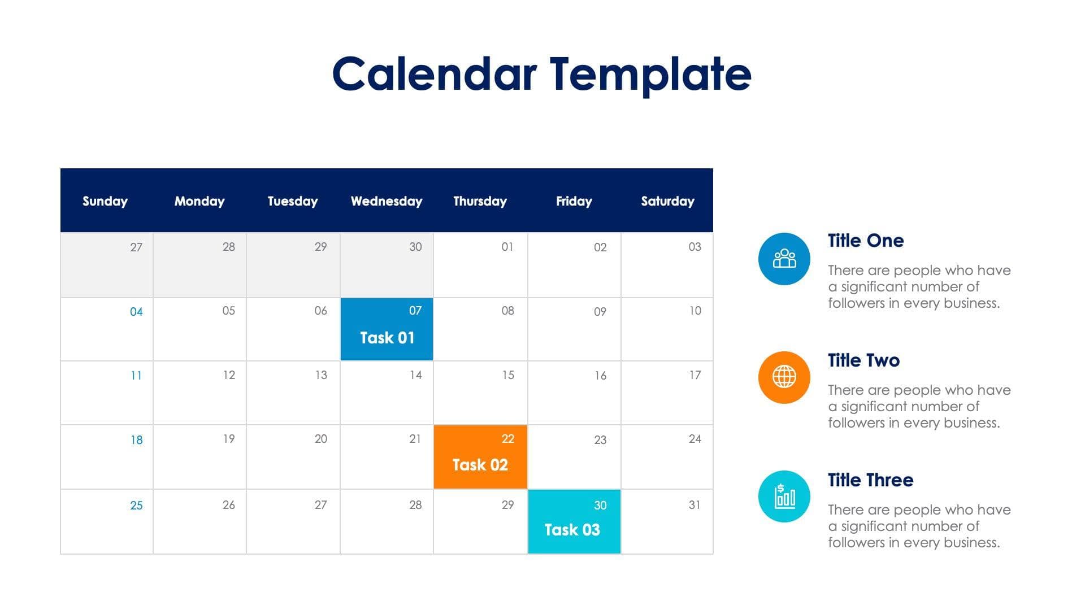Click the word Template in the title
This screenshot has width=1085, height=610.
click(x=650, y=75)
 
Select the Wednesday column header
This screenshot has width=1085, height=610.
click(x=387, y=201)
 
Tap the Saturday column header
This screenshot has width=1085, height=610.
click(x=667, y=201)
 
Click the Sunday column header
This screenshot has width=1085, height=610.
click(x=105, y=201)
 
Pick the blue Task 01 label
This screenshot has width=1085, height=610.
click(x=387, y=338)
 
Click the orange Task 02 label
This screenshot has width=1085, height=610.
click(x=480, y=465)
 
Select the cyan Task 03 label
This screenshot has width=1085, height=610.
click(x=572, y=530)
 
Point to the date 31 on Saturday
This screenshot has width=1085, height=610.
click(x=695, y=505)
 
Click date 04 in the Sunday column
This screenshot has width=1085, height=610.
click(x=136, y=312)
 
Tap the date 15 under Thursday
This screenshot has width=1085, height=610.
click(x=507, y=375)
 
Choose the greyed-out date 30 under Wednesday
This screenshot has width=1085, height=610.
click(x=415, y=247)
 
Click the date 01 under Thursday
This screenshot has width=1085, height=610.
click(x=507, y=247)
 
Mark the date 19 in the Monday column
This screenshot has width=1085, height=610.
click(x=228, y=439)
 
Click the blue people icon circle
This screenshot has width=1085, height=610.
click(x=784, y=259)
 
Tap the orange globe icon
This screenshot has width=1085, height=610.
click(x=784, y=377)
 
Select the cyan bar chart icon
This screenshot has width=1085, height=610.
click(x=784, y=496)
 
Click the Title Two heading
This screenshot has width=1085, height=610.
click(x=863, y=360)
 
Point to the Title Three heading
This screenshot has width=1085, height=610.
click(x=870, y=480)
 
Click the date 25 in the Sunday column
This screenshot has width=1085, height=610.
click(x=136, y=506)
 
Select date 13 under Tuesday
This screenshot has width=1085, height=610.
click(x=320, y=375)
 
